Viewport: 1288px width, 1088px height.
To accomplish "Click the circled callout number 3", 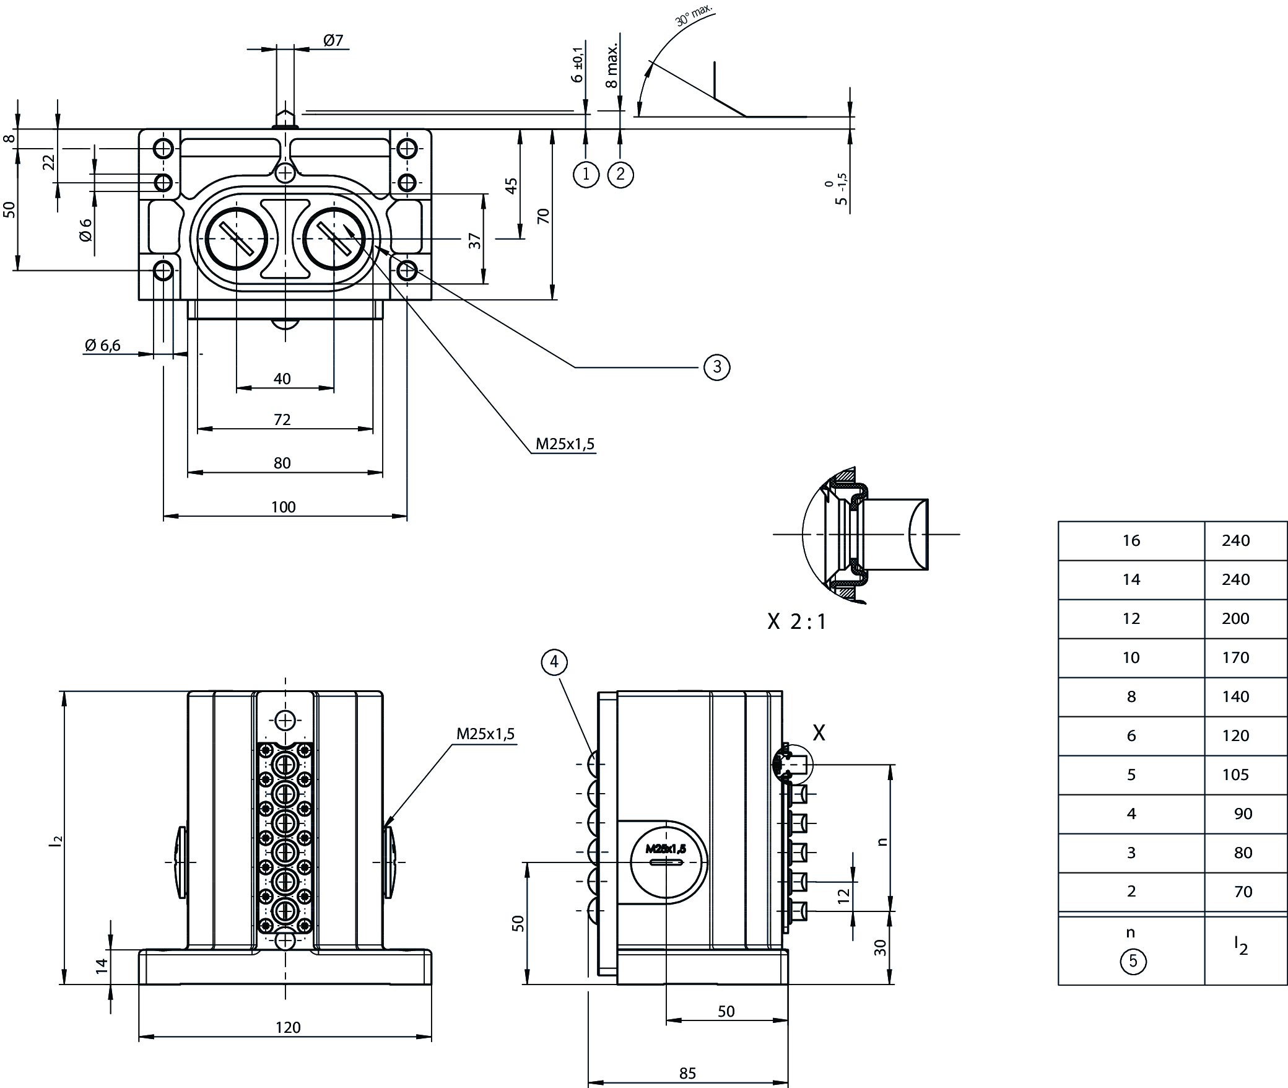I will (x=717, y=367).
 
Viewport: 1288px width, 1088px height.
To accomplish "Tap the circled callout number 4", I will (x=554, y=662).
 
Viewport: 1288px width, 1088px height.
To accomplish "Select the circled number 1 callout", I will (x=586, y=175).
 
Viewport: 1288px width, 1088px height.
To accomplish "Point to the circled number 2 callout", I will (x=620, y=175).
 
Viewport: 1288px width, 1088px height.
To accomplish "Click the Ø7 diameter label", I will (x=333, y=41).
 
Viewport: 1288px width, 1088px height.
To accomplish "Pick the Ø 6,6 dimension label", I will (x=103, y=345).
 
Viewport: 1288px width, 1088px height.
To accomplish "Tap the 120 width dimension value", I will (x=288, y=1027).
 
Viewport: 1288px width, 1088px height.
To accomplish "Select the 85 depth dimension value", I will (x=688, y=1073).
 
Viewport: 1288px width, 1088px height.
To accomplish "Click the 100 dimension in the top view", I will (x=284, y=507).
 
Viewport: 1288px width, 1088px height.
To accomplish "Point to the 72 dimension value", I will (x=282, y=419).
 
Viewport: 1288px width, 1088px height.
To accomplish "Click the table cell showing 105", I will (x=1235, y=774).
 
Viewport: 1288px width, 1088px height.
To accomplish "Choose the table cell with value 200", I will (x=1235, y=618).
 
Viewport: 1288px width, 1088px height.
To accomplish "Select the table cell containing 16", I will (x=1131, y=540).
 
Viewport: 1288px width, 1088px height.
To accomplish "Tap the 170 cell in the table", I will (x=1235, y=657).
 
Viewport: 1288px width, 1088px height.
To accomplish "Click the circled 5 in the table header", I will (x=1133, y=961).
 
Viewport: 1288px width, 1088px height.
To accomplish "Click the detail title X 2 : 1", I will (x=797, y=621).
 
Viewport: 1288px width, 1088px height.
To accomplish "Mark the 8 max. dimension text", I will (x=612, y=66).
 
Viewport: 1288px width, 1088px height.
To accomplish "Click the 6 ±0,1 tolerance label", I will (x=578, y=64).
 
